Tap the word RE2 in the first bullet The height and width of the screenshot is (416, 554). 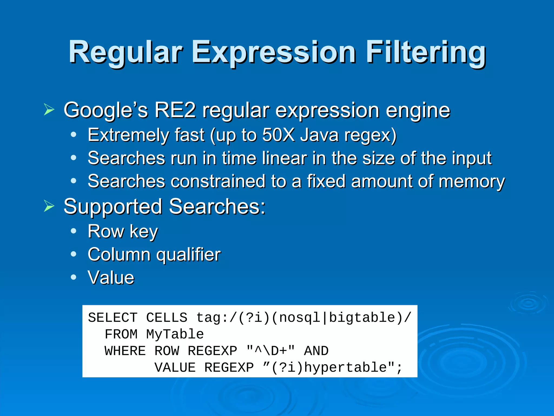pyautogui.click(x=175, y=110)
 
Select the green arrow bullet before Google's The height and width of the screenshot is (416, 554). pyautogui.click(x=49, y=110)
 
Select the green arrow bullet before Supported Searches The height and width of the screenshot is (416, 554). pyautogui.click(x=49, y=206)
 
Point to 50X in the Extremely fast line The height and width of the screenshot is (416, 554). pyautogui.click(x=278, y=135)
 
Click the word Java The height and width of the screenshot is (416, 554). pyautogui.click(x=319, y=135)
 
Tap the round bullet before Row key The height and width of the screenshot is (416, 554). pyautogui.click(x=73, y=231)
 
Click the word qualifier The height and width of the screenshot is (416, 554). pyautogui.click(x=189, y=255)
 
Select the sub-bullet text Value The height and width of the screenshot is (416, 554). pyautogui.click(x=111, y=278)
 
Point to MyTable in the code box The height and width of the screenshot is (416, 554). pyautogui.click(x=175, y=334)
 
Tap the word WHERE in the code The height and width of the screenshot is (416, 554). pyautogui.click(x=125, y=351)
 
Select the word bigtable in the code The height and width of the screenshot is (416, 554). pyautogui.click(x=362, y=318)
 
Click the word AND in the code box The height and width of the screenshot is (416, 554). pyautogui.click(x=316, y=351)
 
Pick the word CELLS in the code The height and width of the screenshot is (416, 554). pyautogui.click(x=167, y=318)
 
